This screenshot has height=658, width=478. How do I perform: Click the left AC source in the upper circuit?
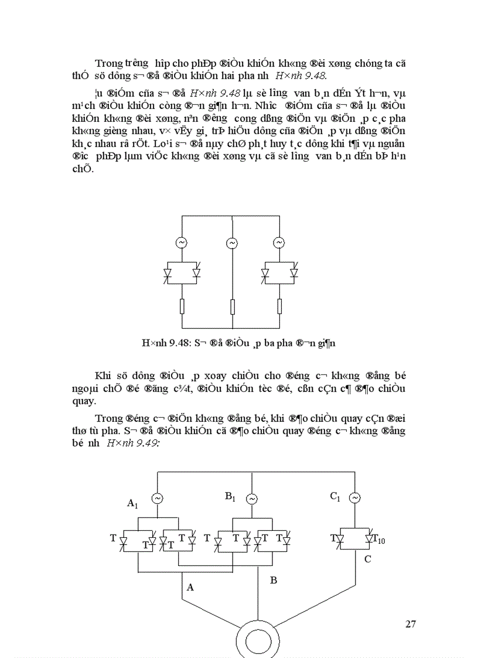click(182, 243)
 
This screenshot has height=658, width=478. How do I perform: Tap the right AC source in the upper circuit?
click(279, 243)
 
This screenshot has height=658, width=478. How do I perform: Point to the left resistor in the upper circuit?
click(182, 306)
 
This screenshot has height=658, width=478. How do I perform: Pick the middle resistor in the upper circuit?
click(233, 306)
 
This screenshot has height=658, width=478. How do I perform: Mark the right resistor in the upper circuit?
click(279, 306)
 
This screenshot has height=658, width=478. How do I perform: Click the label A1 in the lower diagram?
click(133, 503)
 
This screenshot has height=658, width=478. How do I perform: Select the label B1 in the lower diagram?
click(230, 496)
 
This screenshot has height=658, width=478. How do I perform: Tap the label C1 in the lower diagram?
click(335, 496)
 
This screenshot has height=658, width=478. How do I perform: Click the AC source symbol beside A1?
click(157, 499)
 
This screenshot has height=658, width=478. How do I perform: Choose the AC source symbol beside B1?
click(251, 499)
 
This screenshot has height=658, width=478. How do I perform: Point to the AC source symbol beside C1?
click(355, 498)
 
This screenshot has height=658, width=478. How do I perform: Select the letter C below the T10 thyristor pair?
click(367, 559)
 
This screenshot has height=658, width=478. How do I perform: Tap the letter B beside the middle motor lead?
click(273, 580)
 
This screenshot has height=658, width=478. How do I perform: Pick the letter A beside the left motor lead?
click(190, 587)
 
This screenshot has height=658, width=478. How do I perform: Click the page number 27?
click(411, 623)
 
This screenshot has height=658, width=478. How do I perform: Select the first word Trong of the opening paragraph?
click(108, 63)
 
